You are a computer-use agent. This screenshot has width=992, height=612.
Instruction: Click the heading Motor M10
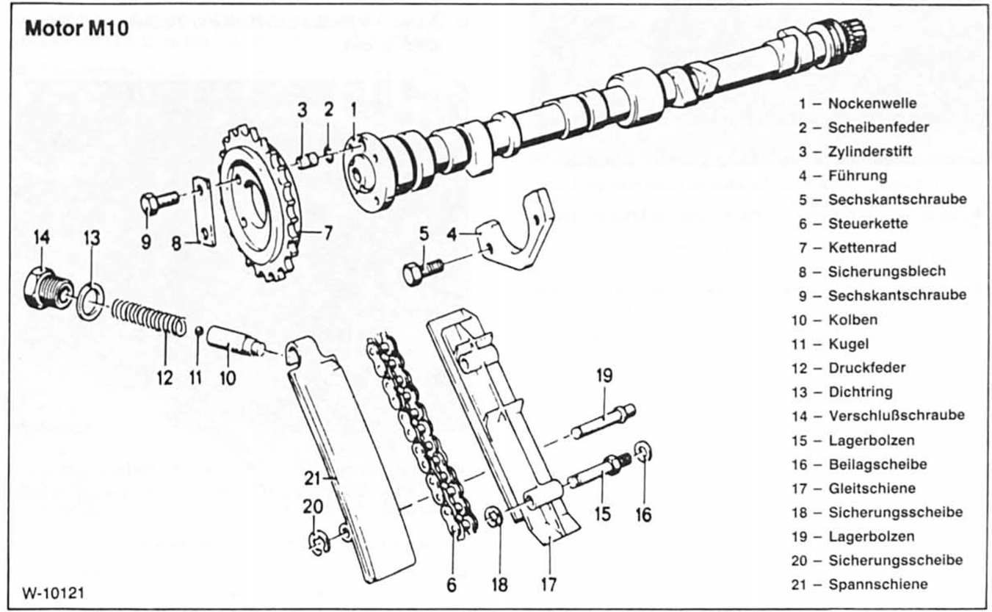(76, 29)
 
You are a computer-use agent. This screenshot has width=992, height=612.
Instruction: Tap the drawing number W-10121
(53, 592)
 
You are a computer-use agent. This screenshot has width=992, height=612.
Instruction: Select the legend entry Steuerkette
(868, 223)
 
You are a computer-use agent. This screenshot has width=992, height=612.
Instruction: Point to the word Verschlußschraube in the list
(896, 415)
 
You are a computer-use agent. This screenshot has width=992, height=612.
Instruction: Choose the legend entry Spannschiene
(877, 585)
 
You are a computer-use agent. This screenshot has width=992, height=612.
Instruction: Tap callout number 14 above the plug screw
(41, 237)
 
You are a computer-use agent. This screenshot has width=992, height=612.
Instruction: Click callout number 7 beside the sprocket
(327, 234)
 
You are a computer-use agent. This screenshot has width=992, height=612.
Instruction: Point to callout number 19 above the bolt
(604, 376)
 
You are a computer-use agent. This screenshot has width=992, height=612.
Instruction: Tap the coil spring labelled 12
(149, 317)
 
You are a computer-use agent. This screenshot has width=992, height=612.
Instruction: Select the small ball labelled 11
(199, 328)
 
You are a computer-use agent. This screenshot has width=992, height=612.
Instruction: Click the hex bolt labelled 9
(156, 200)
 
